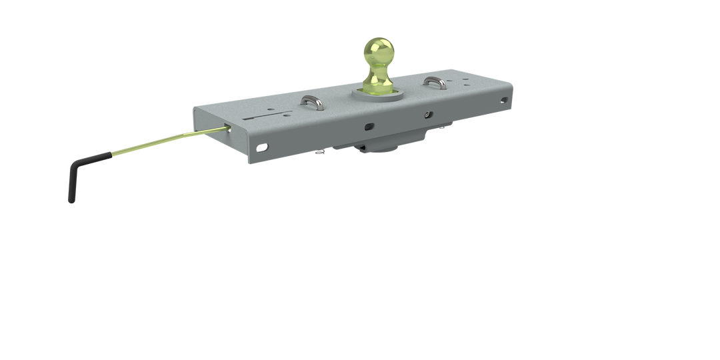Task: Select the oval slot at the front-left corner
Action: click(x=264, y=147)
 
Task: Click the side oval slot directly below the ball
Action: click(x=369, y=126)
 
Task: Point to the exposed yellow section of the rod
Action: click(x=167, y=139)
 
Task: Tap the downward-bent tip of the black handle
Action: click(x=70, y=193)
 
